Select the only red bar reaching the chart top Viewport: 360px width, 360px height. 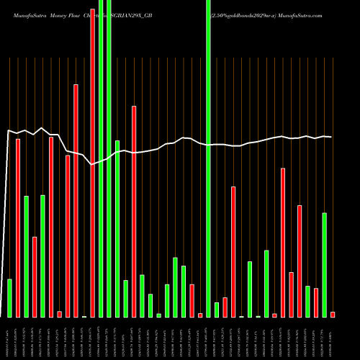click(92, 158)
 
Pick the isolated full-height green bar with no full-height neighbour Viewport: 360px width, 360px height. click(208, 158)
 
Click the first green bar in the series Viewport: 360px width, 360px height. click(9, 298)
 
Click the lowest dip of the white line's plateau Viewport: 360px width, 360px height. click(92, 164)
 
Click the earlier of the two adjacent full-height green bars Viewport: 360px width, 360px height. click(101, 158)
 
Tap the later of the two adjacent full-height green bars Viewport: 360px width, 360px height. click(109, 158)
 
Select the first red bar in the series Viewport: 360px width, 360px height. click(18, 228)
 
